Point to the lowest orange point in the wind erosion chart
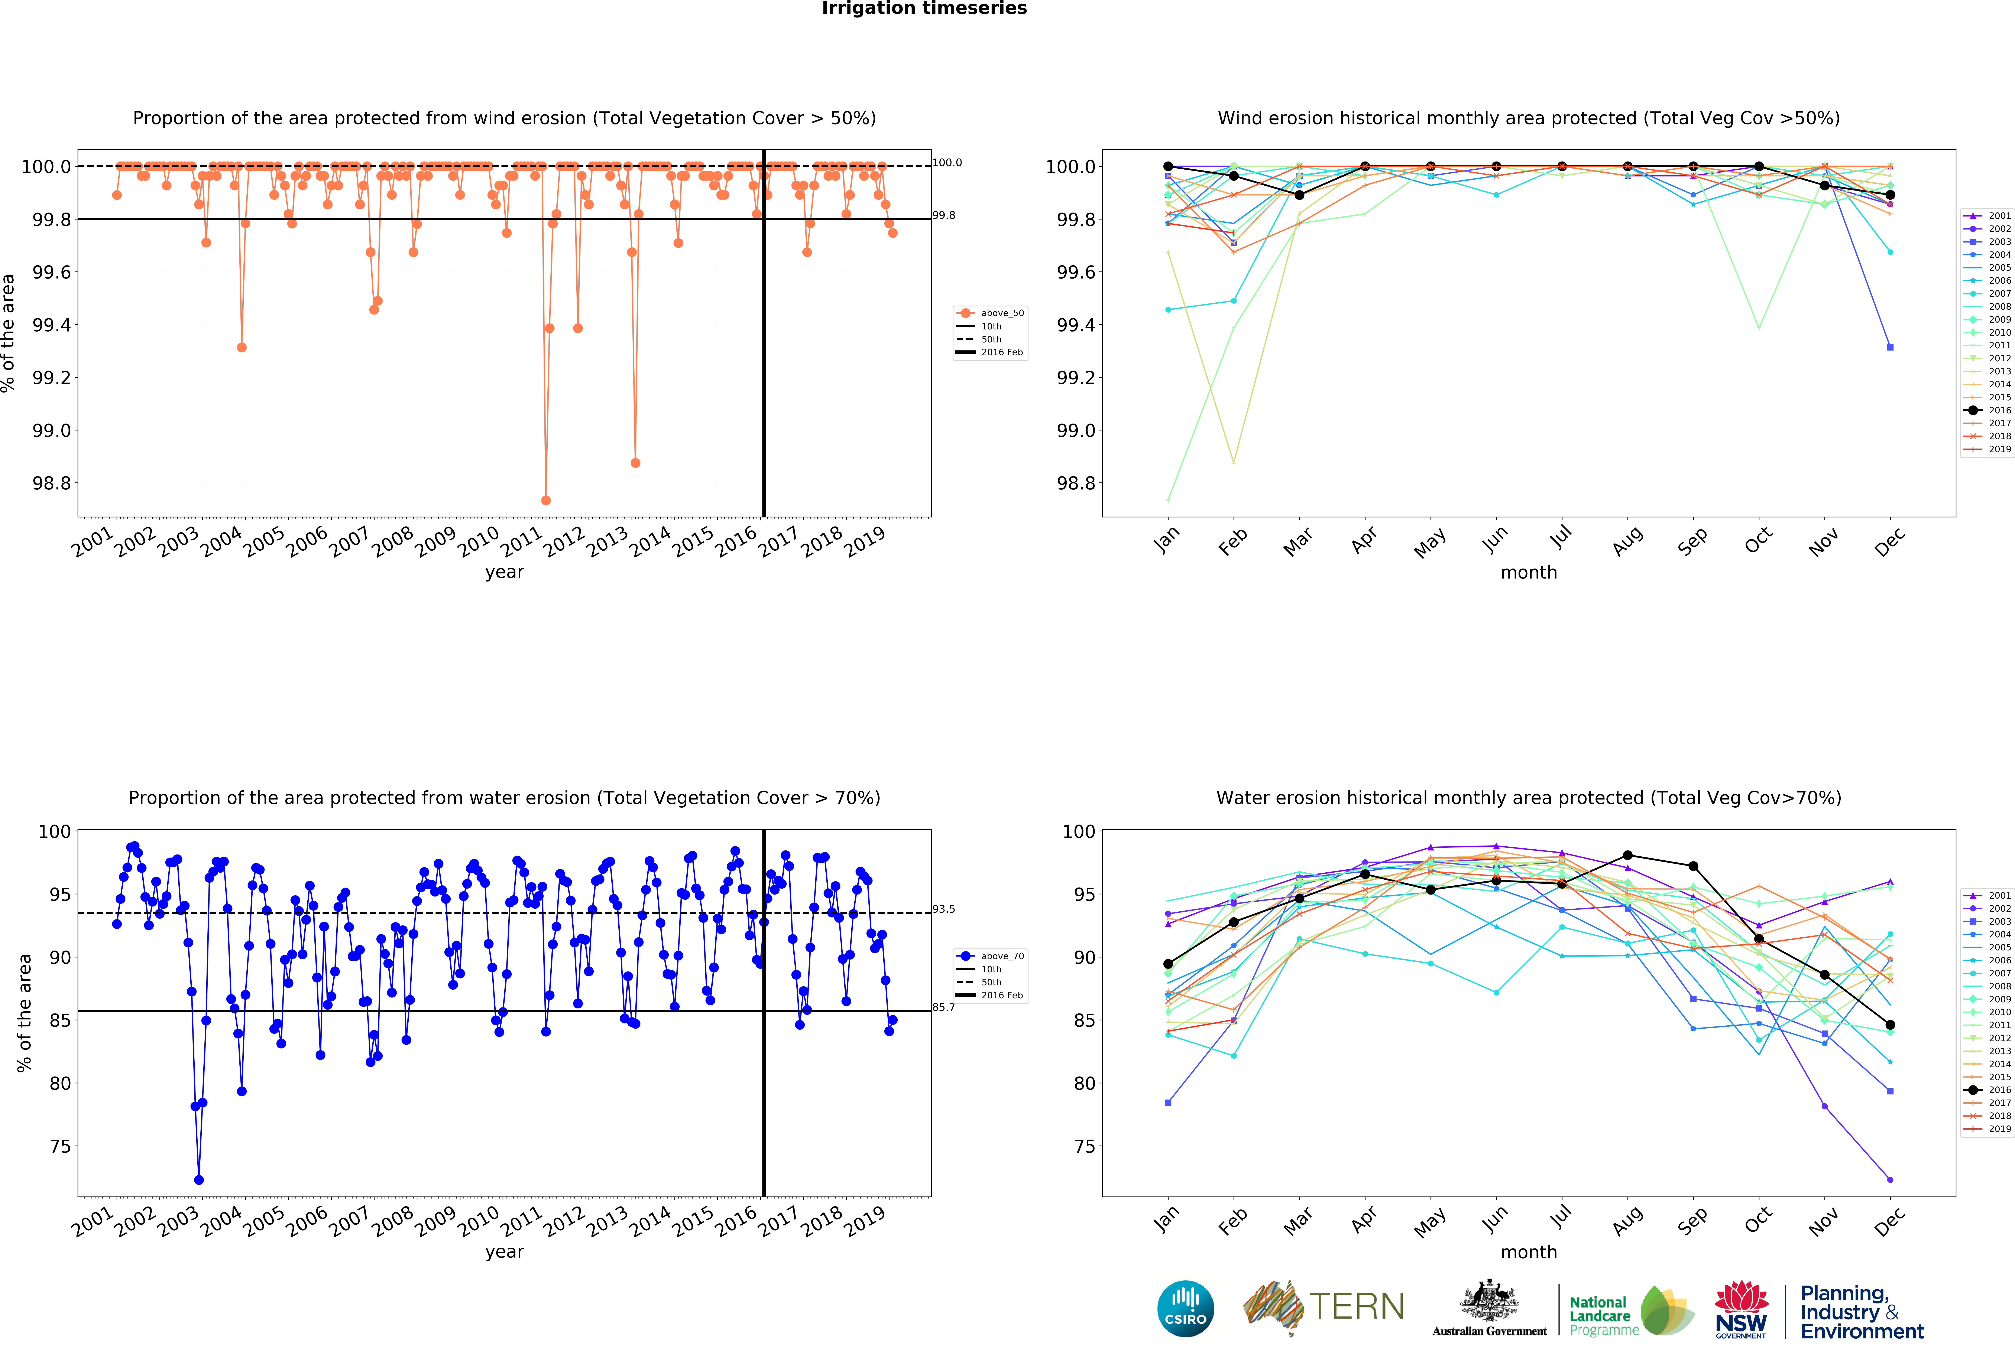[x=545, y=500]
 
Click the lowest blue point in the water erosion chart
[x=198, y=1180]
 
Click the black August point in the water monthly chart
[x=1627, y=856]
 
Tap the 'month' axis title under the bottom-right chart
[x=1529, y=1252]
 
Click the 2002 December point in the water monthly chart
[x=1890, y=1180]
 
